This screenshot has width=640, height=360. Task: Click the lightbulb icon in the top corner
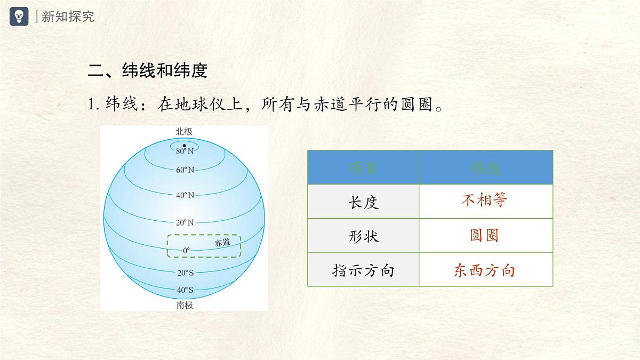(x=19, y=16)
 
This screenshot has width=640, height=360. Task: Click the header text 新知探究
(x=68, y=17)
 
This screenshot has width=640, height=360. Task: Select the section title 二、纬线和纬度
(x=147, y=71)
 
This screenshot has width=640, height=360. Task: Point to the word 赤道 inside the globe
(x=222, y=243)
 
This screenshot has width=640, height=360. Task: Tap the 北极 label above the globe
(x=185, y=131)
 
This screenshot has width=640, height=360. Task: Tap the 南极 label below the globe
(x=185, y=306)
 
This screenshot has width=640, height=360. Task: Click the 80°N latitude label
(x=185, y=151)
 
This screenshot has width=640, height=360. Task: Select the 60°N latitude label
(x=185, y=170)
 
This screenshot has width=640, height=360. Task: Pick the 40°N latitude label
(x=185, y=195)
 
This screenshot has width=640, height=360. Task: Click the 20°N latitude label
(x=185, y=222)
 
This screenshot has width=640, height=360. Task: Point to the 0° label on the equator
(x=186, y=250)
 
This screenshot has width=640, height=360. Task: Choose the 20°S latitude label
(x=185, y=273)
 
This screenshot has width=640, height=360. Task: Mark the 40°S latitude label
(x=185, y=291)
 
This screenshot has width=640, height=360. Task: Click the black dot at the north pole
(x=185, y=146)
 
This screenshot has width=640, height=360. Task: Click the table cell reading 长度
(x=363, y=202)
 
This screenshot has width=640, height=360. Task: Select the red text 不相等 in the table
(x=484, y=201)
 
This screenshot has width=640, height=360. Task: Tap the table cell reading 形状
(x=363, y=236)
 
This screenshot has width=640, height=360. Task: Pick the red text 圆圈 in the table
(x=484, y=235)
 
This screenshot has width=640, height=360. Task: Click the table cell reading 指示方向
(x=363, y=270)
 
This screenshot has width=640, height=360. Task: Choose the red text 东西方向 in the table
(x=484, y=270)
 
